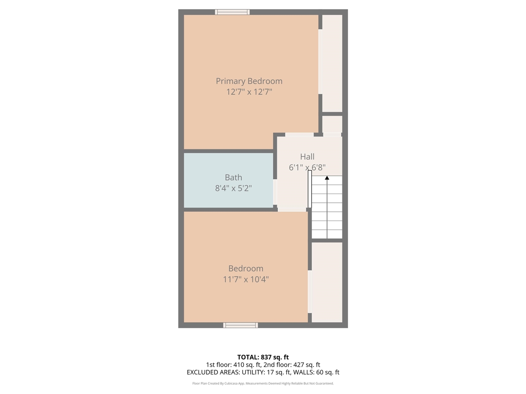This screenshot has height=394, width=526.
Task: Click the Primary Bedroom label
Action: tap(249, 81)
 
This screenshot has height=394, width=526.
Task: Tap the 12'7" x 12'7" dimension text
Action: tap(249, 92)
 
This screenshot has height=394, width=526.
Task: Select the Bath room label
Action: tap(233, 178)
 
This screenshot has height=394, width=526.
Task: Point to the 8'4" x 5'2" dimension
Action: tap(233, 188)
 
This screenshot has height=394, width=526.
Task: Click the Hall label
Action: tap(307, 157)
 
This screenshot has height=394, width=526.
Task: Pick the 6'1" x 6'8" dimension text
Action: tap(307, 167)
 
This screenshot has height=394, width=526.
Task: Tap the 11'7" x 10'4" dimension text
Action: tap(246, 279)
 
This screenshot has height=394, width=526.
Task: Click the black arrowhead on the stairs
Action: tap(327, 178)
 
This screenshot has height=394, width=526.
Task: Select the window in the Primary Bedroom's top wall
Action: tap(232, 12)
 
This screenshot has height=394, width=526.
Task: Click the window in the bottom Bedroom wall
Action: tap(240, 325)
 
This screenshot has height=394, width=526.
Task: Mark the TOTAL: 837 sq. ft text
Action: tap(263, 357)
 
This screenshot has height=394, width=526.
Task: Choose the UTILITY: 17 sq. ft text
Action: tap(267, 373)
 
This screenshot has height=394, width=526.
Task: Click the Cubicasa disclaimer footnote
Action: tap(263, 383)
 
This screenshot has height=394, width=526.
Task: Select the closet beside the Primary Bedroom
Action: tap(332, 63)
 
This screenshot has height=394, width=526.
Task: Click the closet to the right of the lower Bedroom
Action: tap(327, 282)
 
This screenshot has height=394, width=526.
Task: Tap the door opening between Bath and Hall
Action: tap(275, 192)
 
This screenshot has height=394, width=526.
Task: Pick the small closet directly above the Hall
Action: tap(332, 124)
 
